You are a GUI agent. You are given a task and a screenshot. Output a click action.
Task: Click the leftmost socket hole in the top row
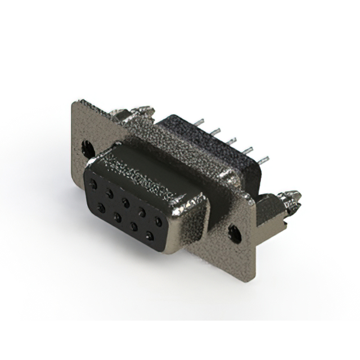pyautogui.click(x=93, y=183)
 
